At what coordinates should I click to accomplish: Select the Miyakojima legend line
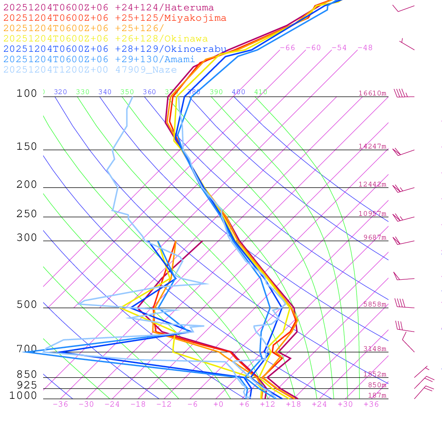(115, 18)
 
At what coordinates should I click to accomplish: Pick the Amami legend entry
(99, 60)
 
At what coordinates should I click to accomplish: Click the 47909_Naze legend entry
(90, 70)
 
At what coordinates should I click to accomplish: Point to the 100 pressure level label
(27, 94)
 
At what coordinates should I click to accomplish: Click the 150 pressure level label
(27, 147)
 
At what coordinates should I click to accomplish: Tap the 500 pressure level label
(27, 305)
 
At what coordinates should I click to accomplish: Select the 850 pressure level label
(27, 374)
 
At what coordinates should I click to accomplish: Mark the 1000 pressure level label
(23, 395)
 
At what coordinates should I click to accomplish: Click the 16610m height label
(373, 93)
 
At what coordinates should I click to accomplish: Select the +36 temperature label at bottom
(371, 404)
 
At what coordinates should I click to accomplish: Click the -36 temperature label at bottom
(60, 404)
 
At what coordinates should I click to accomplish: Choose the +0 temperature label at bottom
(218, 404)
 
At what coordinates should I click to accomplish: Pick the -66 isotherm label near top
(287, 48)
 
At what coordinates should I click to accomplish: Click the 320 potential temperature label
(60, 92)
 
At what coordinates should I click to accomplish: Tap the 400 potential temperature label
(238, 92)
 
